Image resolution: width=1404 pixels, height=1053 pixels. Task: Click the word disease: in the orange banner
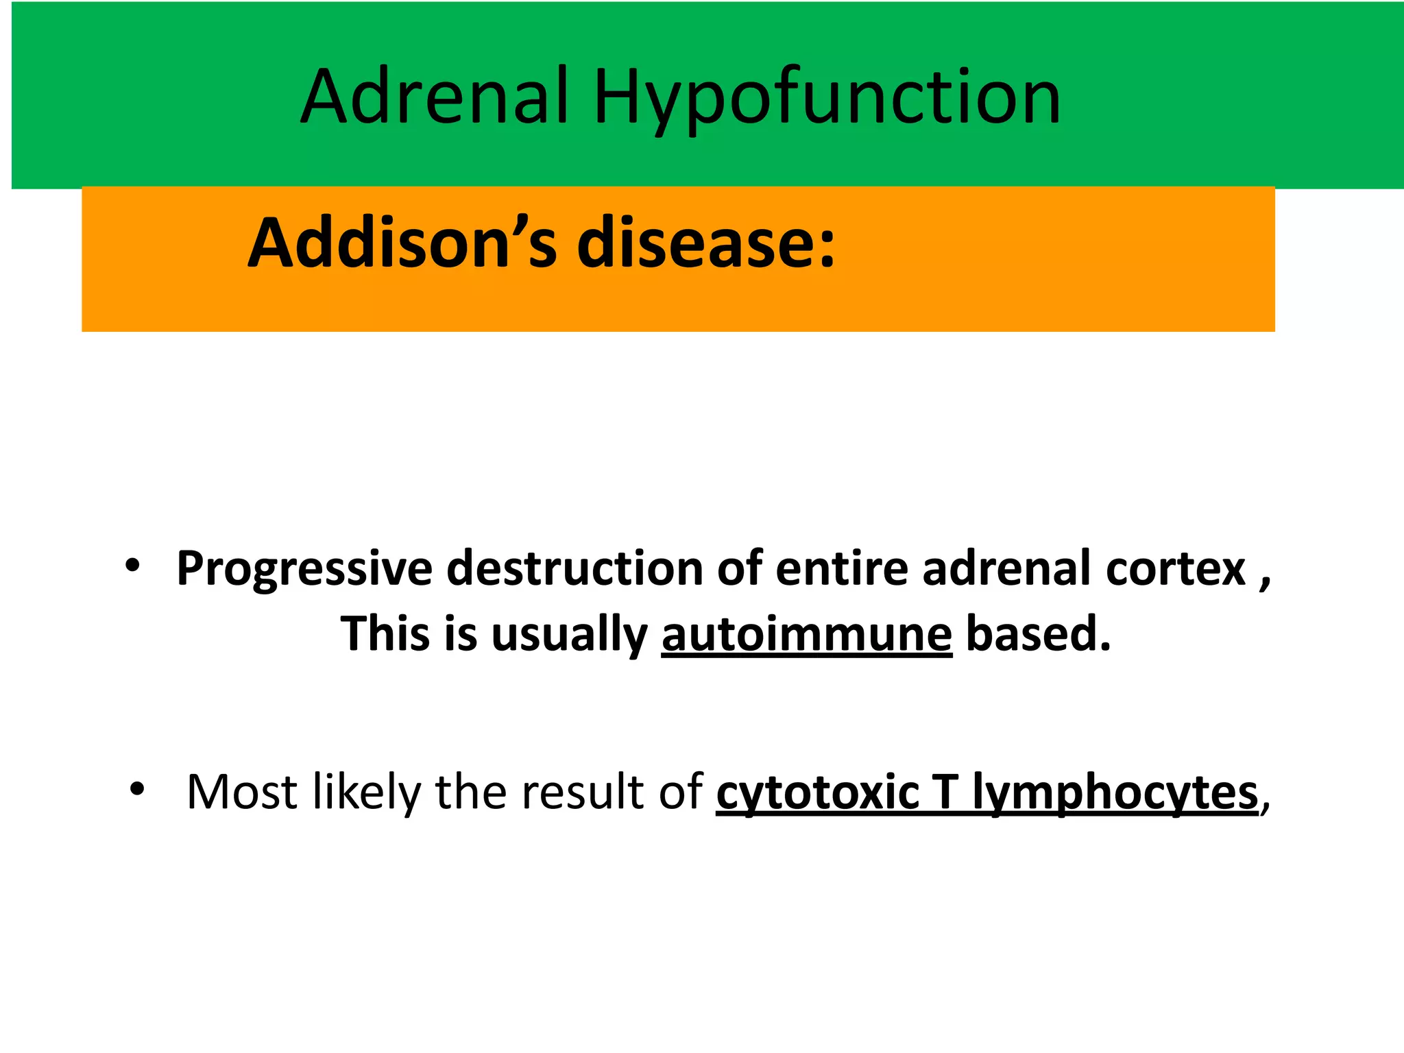click(x=706, y=243)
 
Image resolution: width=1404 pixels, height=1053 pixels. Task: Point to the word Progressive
click(x=304, y=568)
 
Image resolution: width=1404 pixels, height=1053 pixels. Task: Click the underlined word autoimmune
click(x=806, y=633)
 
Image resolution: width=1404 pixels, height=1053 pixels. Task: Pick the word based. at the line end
click(x=1038, y=633)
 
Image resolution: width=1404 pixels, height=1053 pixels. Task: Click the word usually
click(x=569, y=633)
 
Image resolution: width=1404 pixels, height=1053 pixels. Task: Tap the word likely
click(x=367, y=792)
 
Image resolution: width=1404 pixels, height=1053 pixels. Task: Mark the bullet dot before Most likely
click(x=137, y=789)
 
